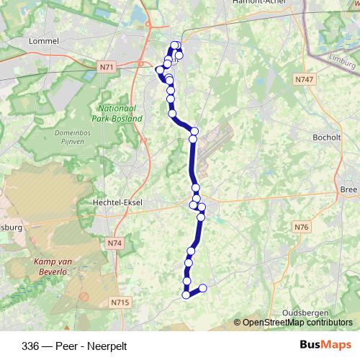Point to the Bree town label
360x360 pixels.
click(348, 189)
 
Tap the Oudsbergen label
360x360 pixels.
click(305, 312)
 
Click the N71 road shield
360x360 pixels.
click(107, 67)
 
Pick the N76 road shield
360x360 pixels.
click(301, 228)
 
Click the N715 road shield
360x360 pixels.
click(120, 302)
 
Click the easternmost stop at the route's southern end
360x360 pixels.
click(202, 288)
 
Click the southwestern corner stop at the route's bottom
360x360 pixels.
click(186, 294)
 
